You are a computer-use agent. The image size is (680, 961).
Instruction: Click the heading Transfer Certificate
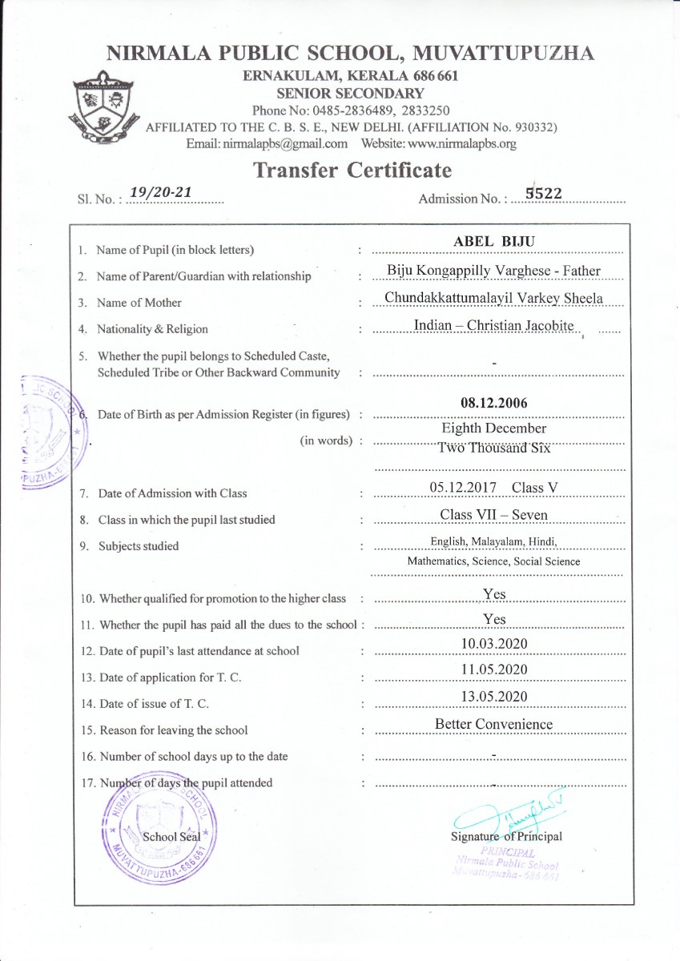tap(352, 170)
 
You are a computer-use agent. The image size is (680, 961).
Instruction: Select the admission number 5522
tap(544, 192)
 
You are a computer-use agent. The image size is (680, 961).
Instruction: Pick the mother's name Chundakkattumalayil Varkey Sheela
tap(493, 298)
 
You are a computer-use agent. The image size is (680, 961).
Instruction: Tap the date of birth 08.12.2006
tap(494, 403)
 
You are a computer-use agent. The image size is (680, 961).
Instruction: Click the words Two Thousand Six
tap(494, 448)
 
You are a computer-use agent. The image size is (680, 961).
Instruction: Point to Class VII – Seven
tap(494, 514)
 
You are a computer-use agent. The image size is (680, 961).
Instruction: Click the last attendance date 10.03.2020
tap(494, 644)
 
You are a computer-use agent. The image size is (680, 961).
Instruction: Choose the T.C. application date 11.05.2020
tap(494, 669)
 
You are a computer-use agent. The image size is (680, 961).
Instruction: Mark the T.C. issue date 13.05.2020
tap(494, 697)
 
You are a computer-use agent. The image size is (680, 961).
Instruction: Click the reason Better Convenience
tap(494, 724)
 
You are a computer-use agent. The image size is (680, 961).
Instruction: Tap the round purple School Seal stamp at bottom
tap(159, 830)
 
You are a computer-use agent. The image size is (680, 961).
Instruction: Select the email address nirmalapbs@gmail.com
tap(267, 144)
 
